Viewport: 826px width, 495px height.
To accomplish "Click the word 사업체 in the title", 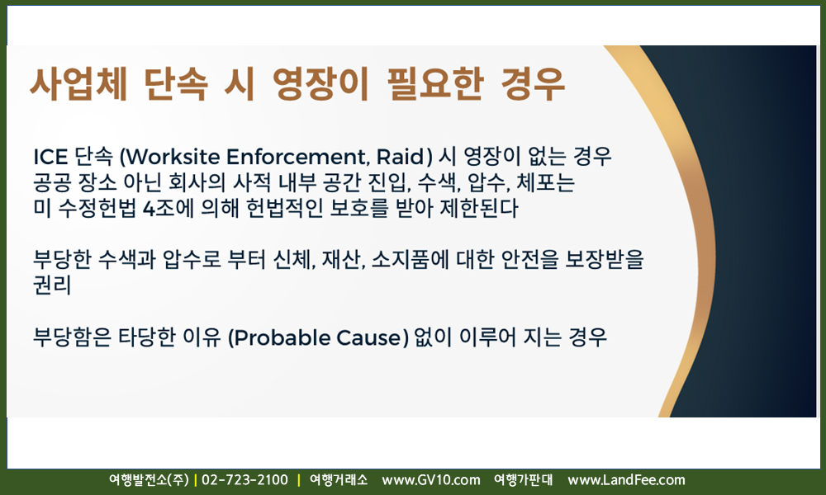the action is (x=78, y=83).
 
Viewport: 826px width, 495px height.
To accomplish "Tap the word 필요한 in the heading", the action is (x=435, y=83).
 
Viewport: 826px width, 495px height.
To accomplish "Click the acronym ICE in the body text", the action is (x=50, y=157).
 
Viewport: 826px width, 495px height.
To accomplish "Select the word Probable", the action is (x=278, y=337).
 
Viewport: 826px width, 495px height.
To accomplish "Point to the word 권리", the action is (x=51, y=285).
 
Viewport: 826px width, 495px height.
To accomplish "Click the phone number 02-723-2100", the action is (x=245, y=480).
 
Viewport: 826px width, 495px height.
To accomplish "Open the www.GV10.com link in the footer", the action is (x=431, y=480).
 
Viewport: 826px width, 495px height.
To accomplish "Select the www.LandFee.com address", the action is (x=626, y=480).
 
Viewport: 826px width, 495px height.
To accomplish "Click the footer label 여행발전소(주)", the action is (x=149, y=480).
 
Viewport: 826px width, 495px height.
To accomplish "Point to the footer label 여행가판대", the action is (x=523, y=480).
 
